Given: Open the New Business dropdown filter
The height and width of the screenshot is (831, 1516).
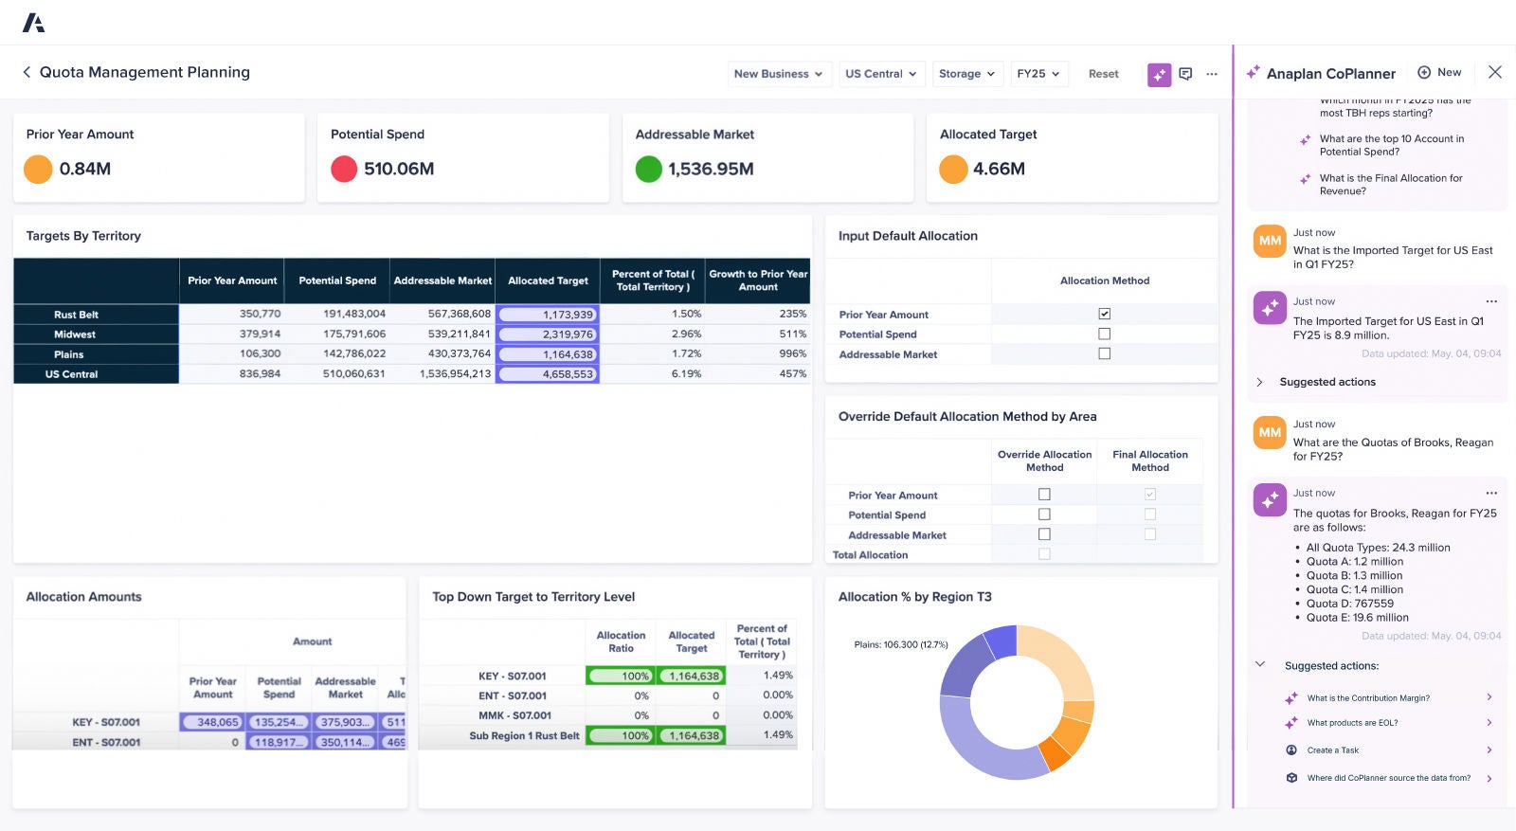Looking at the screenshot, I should point(778,74).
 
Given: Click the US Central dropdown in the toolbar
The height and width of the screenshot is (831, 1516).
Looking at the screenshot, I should point(881,74).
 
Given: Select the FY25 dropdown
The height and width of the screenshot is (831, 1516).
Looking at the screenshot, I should point(1038,74).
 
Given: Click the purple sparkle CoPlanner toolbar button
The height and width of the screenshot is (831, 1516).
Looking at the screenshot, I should point(1159,75).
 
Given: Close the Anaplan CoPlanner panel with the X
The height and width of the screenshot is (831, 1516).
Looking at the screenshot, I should point(1495,72).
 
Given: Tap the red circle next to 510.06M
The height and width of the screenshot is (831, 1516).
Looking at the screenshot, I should point(344,169).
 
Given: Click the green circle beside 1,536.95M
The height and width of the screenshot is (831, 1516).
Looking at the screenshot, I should point(649,169).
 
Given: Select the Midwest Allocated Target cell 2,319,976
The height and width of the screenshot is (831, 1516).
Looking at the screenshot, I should point(548,334).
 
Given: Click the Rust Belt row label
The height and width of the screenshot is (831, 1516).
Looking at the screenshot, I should point(77,315).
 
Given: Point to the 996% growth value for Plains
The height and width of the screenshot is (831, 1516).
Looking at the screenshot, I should point(792,353).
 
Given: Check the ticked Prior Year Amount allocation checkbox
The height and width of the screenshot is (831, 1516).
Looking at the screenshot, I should point(1104,314).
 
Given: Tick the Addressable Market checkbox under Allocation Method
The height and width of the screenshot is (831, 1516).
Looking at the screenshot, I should point(1104,353).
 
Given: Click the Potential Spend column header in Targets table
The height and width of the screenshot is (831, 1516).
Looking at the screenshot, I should point(337,280).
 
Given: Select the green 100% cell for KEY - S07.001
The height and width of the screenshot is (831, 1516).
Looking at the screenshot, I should point(621,676).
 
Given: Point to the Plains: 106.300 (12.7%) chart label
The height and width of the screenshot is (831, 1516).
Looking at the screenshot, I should point(900,644).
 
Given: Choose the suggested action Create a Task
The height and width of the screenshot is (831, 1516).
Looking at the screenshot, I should point(1332,750).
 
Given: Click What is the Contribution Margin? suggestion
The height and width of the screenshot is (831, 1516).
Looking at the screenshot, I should point(1368,698).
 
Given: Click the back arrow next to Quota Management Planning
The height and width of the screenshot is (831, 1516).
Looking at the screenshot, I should point(27,72).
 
